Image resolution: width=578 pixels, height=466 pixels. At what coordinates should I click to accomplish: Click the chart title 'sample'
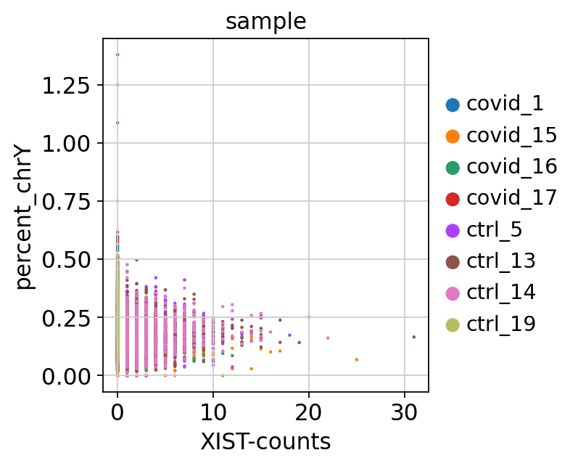coord(265,22)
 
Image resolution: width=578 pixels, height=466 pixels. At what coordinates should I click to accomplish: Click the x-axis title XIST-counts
coord(265,441)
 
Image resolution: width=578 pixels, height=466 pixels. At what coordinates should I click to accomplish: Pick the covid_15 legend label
coord(511,135)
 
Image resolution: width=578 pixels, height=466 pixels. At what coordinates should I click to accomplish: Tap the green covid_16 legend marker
coord(453,167)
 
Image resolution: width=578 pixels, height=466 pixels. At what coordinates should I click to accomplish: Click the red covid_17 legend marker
coord(453,198)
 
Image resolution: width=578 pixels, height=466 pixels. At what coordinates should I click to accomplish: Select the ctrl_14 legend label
coord(501,293)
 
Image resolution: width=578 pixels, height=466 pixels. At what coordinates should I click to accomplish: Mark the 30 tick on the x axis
coord(405,412)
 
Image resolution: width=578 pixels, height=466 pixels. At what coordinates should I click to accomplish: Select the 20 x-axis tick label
coord(309,412)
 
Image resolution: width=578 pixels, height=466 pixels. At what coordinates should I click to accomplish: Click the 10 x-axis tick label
coord(213,412)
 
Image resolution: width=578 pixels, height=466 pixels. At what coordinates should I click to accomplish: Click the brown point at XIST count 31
coord(414,337)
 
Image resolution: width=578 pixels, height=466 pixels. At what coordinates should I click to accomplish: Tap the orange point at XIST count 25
coord(357,359)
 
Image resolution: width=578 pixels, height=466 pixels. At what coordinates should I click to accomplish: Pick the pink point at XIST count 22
coord(328,338)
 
